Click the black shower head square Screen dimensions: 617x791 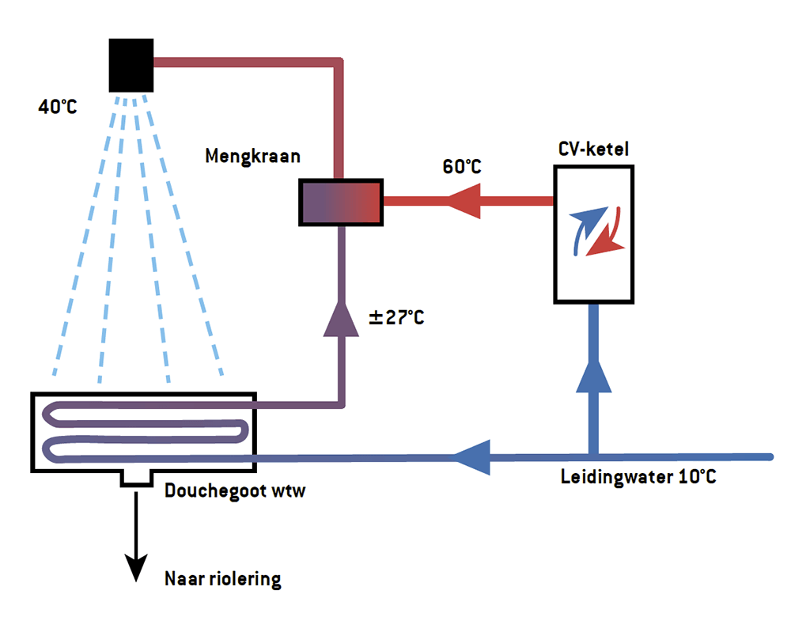click(x=131, y=65)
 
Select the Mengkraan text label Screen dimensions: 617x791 click(x=252, y=156)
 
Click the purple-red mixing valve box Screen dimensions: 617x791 click(x=341, y=202)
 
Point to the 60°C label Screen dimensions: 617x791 click(x=461, y=168)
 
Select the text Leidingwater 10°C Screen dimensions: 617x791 click(x=638, y=478)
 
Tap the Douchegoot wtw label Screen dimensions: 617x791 click(x=235, y=490)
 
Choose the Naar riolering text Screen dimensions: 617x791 click(x=222, y=579)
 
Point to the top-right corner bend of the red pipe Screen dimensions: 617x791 click(x=339, y=63)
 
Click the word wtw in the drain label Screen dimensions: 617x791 click(x=288, y=490)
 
